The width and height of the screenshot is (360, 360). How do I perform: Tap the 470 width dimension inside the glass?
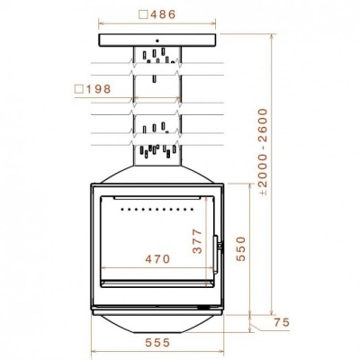[x=157, y=259]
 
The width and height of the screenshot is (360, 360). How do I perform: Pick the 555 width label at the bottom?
[x=157, y=343]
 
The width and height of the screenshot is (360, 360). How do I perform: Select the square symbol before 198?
[x=80, y=88]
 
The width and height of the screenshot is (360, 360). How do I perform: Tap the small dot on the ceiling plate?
[x=157, y=41]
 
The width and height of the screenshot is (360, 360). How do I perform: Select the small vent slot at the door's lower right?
[x=210, y=308]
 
